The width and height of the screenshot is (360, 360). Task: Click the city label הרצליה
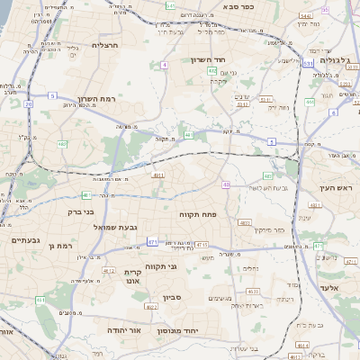click(105, 44)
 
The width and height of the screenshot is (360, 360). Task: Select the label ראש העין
click(338, 187)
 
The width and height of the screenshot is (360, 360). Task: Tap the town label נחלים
click(252, 267)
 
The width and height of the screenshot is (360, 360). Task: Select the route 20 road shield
click(28, 104)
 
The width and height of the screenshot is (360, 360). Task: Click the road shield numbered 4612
click(108, 270)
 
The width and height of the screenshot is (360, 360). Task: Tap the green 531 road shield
click(308, 64)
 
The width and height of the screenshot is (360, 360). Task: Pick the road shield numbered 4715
click(201, 244)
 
